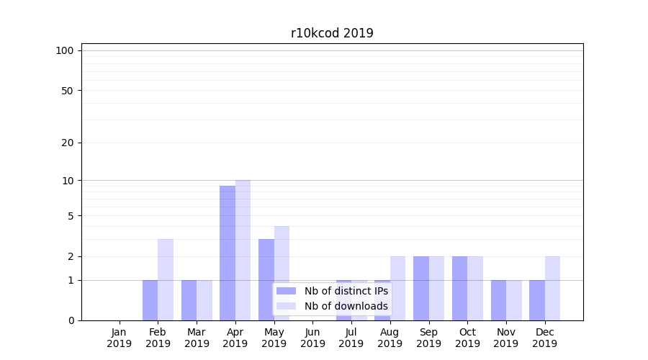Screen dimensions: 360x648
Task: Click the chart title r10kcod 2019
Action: click(x=332, y=33)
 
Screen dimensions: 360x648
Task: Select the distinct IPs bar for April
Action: click(x=228, y=253)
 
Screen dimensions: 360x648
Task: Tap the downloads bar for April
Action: click(x=243, y=250)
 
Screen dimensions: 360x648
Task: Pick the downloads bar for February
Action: click(x=166, y=279)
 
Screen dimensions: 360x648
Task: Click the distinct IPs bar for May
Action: click(x=266, y=279)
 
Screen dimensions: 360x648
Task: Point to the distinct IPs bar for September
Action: click(x=421, y=288)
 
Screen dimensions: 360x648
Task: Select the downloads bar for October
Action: click(x=475, y=288)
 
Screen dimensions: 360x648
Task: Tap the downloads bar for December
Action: click(x=552, y=288)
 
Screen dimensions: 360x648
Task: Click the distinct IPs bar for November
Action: click(x=498, y=300)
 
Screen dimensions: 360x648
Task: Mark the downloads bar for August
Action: click(x=398, y=288)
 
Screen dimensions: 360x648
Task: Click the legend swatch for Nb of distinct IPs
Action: click(x=287, y=291)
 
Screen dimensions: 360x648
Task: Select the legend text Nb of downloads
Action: click(x=346, y=306)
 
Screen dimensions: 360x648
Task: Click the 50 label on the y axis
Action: click(x=68, y=91)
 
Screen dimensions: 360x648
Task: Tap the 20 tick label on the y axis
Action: click(x=68, y=143)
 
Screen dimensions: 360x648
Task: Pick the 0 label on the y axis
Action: click(x=71, y=320)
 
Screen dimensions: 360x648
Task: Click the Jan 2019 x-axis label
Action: click(x=120, y=338)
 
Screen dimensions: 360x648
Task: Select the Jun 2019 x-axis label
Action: click(x=312, y=338)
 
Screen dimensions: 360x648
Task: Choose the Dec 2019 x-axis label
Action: click(x=544, y=338)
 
